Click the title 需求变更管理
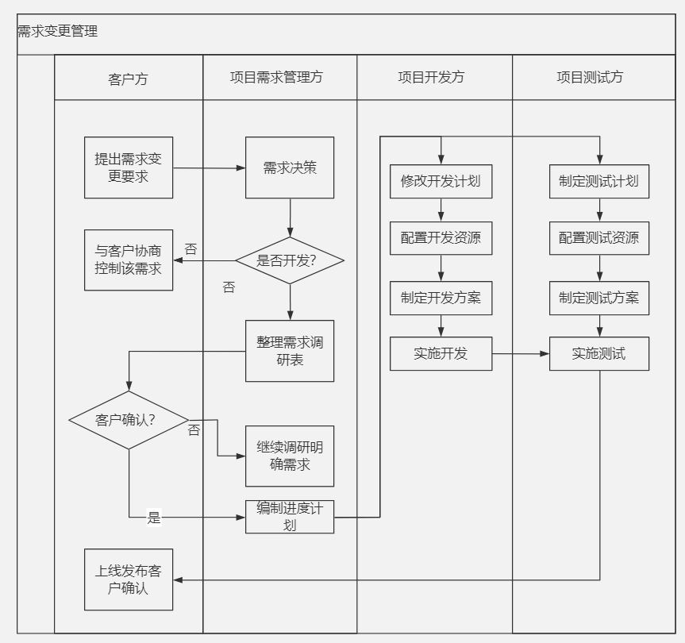[x=58, y=32]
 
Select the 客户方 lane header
[x=128, y=78]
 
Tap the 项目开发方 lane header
[x=431, y=77]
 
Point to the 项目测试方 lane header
[x=590, y=77]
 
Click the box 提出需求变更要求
[x=128, y=167]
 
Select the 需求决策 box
[x=290, y=167]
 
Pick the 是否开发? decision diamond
[x=290, y=260]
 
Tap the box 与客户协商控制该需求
[x=128, y=260]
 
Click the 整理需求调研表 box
[x=290, y=351]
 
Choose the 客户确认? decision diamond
[x=129, y=420]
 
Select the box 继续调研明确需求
[x=290, y=456]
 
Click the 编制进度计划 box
[x=290, y=517]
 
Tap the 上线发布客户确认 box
[x=129, y=579]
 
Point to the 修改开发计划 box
[x=441, y=181]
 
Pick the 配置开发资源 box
[x=441, y=238]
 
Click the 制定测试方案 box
[x=598, y=298]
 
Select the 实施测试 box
[x=598, y=354]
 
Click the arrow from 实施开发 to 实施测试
[x=521, y=354]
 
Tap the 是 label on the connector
[x=154, y=518]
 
